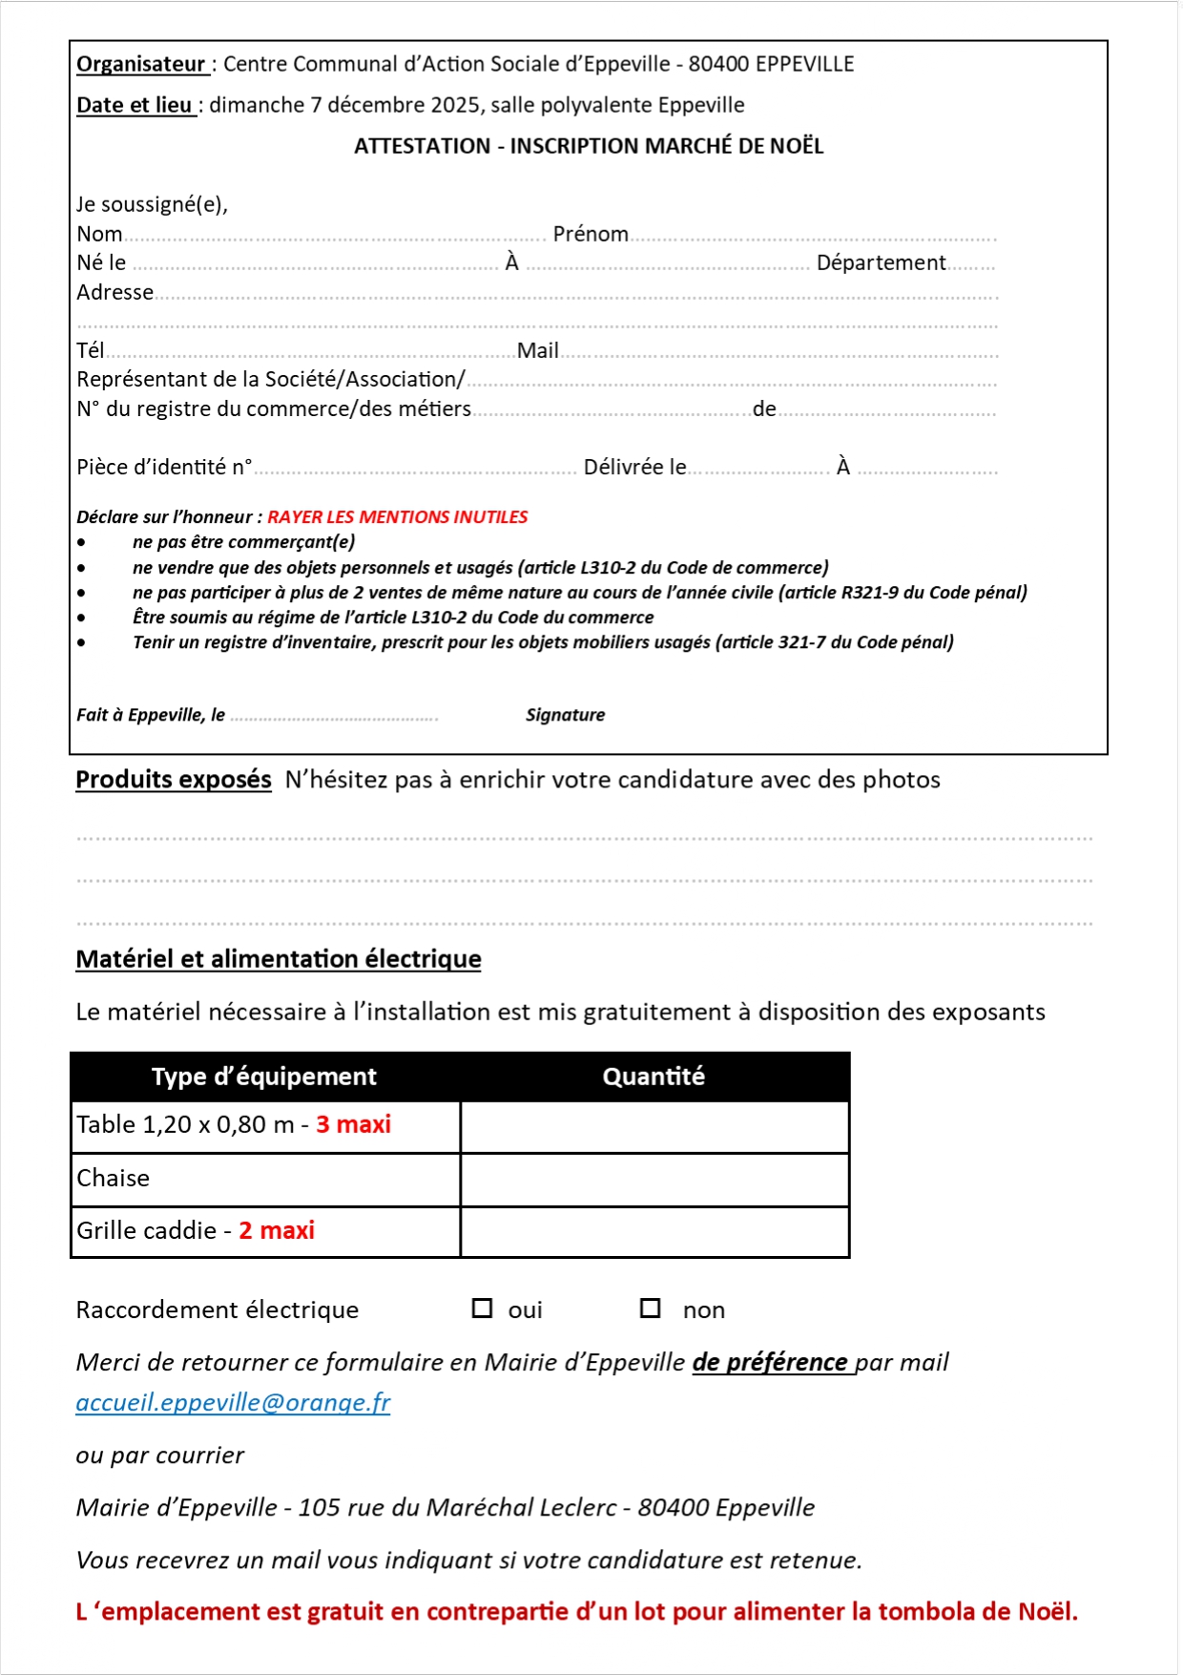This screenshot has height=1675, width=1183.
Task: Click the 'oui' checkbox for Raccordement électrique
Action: point(482,1309)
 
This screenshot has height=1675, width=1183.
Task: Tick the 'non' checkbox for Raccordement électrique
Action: point(650,1309)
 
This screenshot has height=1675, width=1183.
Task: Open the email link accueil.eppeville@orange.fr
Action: point(233,1402)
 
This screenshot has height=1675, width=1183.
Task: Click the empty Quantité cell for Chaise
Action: point(654,1179)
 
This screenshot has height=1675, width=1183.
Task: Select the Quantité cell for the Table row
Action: point(654,1126)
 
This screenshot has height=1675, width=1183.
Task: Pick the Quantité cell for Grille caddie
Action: point(654,1231)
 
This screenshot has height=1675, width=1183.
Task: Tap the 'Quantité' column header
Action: point(654,1077)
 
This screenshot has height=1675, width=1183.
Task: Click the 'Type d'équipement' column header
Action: point(264,1077)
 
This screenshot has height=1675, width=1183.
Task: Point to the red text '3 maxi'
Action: point(353,1124)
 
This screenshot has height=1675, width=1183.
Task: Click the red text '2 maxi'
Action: point(277,1230)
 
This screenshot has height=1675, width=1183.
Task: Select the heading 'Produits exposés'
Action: point(174,780)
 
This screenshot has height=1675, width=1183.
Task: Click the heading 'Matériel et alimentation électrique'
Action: point(279,959)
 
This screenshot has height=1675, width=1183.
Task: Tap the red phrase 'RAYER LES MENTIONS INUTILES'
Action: point(397,517)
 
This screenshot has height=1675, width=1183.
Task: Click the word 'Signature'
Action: point(565,715)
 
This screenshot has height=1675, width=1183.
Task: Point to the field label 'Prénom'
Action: point(591,234)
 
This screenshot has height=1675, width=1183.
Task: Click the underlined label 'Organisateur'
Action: point(141,64)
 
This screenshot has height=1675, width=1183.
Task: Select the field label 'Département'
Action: point(881,262)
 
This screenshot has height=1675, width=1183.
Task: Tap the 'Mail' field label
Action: point(538,350)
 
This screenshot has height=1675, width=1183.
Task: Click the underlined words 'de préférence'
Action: point(770,1362)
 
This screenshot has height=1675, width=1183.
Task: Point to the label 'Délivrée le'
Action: point(634,467)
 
